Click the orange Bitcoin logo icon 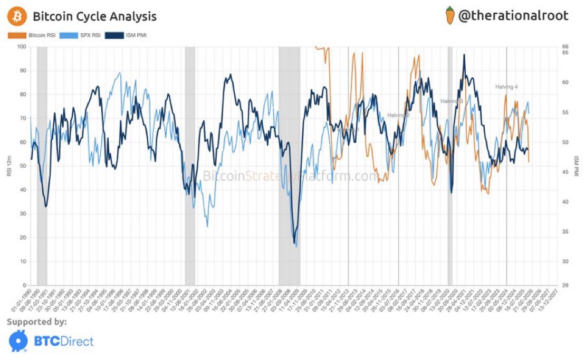point(16,16)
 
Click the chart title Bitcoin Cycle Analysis point(94,16)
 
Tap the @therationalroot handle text point(513,16)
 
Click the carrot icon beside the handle point(449,16)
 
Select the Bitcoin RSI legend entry point(31,36)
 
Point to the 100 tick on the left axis point(22,47)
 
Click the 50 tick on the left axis point(23,166)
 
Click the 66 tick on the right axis point(565,47)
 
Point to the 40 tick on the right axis point(565,202)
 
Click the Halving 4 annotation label point(506,87)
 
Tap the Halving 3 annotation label point(452,101)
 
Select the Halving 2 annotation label point(398,115)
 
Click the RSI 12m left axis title point(10,166)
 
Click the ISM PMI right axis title point(576,166)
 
